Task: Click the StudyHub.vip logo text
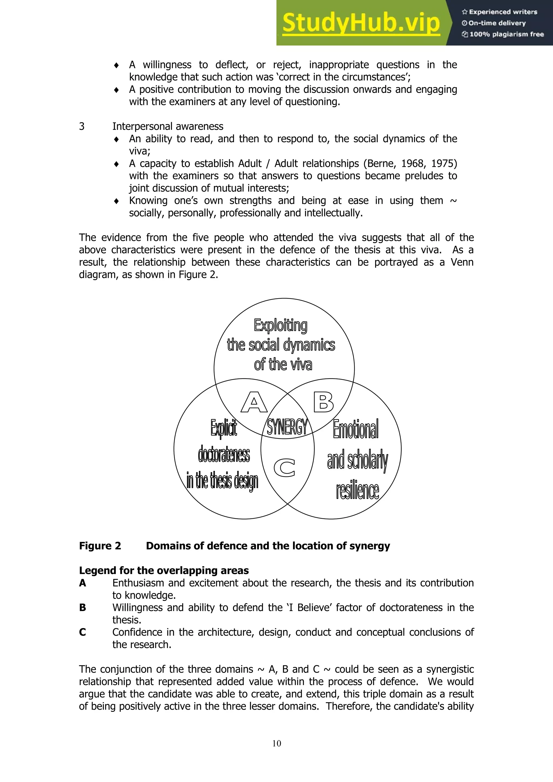tap(361, 23)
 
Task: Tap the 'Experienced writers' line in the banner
tap(500, 12)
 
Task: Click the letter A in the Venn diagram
tap(254, 402)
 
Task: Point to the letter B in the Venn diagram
tap(323, 402)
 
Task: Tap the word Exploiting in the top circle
tap(281, 325)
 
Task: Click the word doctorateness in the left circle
tap(224, 455)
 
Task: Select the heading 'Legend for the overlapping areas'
tap(164, 571)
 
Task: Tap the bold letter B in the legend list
tap(82, 608)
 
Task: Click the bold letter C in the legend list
tap(82, 632)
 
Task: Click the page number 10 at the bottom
tap(276, 743)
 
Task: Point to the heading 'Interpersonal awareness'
tap(167, 126)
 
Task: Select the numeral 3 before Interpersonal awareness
tap(82, 126)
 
